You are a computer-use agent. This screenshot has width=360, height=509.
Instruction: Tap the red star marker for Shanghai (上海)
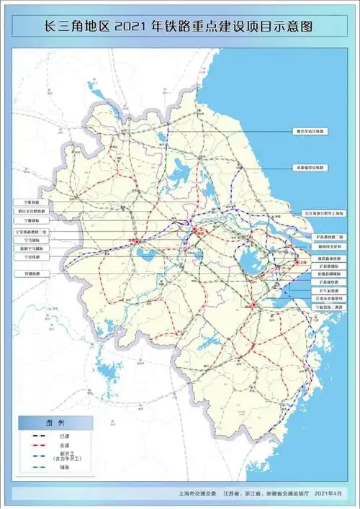297,263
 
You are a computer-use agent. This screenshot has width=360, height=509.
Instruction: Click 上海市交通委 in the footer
196,495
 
